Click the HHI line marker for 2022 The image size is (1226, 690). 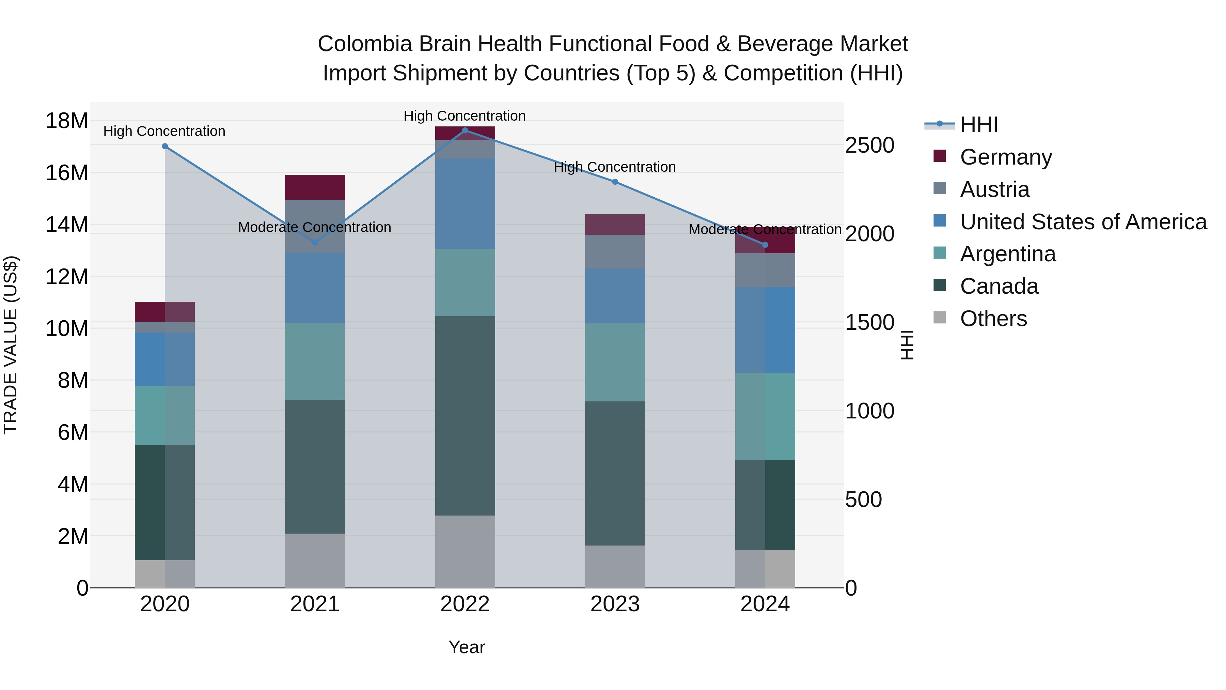click(x=465, y=131)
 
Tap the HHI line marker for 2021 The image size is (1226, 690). click(x=315, y=242)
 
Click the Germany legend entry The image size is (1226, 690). click(x=1005, y=157)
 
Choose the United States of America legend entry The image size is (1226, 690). click(x=1083, y=222)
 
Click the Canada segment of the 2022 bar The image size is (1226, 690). click(x=465, y=415)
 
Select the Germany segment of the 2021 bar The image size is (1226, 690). click(x=315, y=187)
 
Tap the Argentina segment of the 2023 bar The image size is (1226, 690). click(x=615, y=363)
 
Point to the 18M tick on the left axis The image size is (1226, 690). click(x=67, y=121)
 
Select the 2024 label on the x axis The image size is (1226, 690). click(x=765, y=604)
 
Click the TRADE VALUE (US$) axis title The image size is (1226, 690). click(x=11, y=345)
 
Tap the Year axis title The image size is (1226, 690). click(x=467, y=647)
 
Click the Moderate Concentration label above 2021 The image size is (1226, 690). click(x=315, y=228)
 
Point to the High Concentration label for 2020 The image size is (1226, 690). click(x=164, y=132)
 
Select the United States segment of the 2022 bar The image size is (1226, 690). click(x=465, y=203)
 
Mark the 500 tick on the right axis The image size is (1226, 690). click(x=863, y=500)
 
